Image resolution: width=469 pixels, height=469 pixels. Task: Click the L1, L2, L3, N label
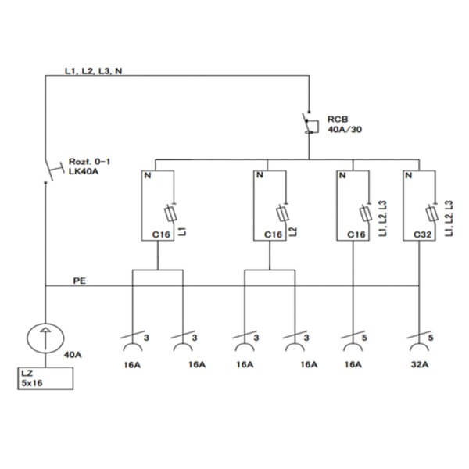tap(94, 71)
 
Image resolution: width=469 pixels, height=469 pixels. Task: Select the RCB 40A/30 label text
tap(344, 124)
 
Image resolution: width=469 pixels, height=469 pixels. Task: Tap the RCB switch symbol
tap(310, 123)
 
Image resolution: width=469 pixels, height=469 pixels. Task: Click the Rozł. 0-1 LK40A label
tap(89, 166)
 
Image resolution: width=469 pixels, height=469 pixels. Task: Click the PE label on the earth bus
tap(79, 281)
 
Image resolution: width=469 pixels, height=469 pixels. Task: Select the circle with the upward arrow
tap(45, 338)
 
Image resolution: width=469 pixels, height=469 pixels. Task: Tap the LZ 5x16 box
tap(45, 378)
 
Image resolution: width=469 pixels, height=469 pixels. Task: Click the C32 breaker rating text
tap(422, 234)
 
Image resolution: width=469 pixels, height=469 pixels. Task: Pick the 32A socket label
tap(420, 364)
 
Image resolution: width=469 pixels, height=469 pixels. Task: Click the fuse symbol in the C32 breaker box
tap(432, 213)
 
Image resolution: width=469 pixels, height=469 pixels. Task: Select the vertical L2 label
tap(293, 232)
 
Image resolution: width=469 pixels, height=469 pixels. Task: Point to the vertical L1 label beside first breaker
tap(182, 231)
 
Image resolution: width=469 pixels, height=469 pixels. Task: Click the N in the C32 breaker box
tap(408, 175)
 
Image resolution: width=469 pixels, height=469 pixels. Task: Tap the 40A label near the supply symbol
tap(73, 355)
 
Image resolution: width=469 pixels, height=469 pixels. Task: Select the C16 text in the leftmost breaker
tap(161, 234)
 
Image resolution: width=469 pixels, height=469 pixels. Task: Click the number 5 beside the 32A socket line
tap(431, 338)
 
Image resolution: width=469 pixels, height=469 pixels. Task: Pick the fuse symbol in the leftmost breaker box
tap(170, 213)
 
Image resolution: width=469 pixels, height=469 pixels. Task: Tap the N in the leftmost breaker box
tap(148, 175)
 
